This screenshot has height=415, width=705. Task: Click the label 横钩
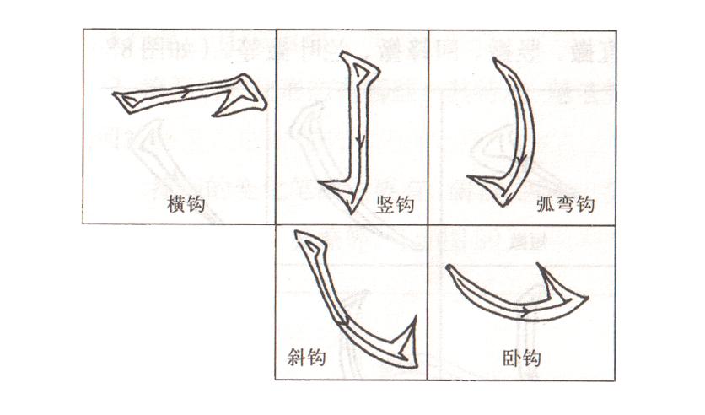(x=187, y=204)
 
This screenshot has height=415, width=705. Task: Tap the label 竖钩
(x=395, y=204)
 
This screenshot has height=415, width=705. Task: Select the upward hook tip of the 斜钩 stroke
(x=415, y=321)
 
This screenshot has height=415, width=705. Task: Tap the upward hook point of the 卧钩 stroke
(x=539, y=269)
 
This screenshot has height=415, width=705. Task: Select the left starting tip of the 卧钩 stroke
(x=447, y=268)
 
